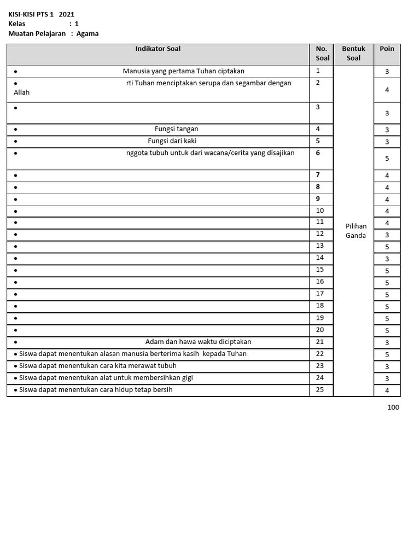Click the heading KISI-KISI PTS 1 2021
tap(41, 14)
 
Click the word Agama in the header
tap(87, 33)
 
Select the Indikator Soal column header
tap(157, 49)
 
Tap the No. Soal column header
tap(322, 54)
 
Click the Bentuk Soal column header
tap(353, 54)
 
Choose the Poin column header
tap(387, 49)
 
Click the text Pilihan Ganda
tap(355, 231)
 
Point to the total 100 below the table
tap(393, 407)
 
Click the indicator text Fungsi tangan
tap(176, 129)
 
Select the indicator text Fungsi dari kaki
tap(172, 141)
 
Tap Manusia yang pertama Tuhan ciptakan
tap(183, 71)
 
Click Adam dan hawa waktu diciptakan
tap(198, 342)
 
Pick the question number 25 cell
tap(320, 389)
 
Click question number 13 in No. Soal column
tap(320, 246)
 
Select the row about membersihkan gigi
tap(106, 378)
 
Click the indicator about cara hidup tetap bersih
tap(96, 390)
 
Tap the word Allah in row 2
tap(22, 92)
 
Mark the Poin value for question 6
tap(387, 159)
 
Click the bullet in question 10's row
tap(16, 212)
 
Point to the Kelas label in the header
tap(17, 24)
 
